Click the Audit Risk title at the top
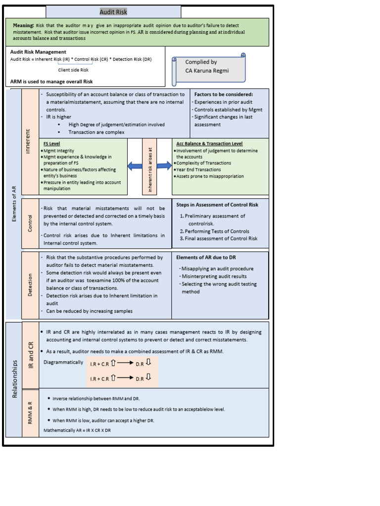[x=113, y=12]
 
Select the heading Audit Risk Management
[x=38, y=52]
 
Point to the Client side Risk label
[x=73, y=70]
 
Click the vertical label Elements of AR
[x=14, y=204]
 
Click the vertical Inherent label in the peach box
[x=29, y=141]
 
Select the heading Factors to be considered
[x=223, y=94]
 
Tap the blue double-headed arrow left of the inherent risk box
[x=135, y=167]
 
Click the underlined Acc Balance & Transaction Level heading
[x=209, y=144]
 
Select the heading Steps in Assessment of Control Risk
[x=217, y=204]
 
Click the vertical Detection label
[x=30, y=285]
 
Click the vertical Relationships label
[x=14, y=379]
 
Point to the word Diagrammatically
[x=63, y=362]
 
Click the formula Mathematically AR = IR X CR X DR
[x=77, y=430]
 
